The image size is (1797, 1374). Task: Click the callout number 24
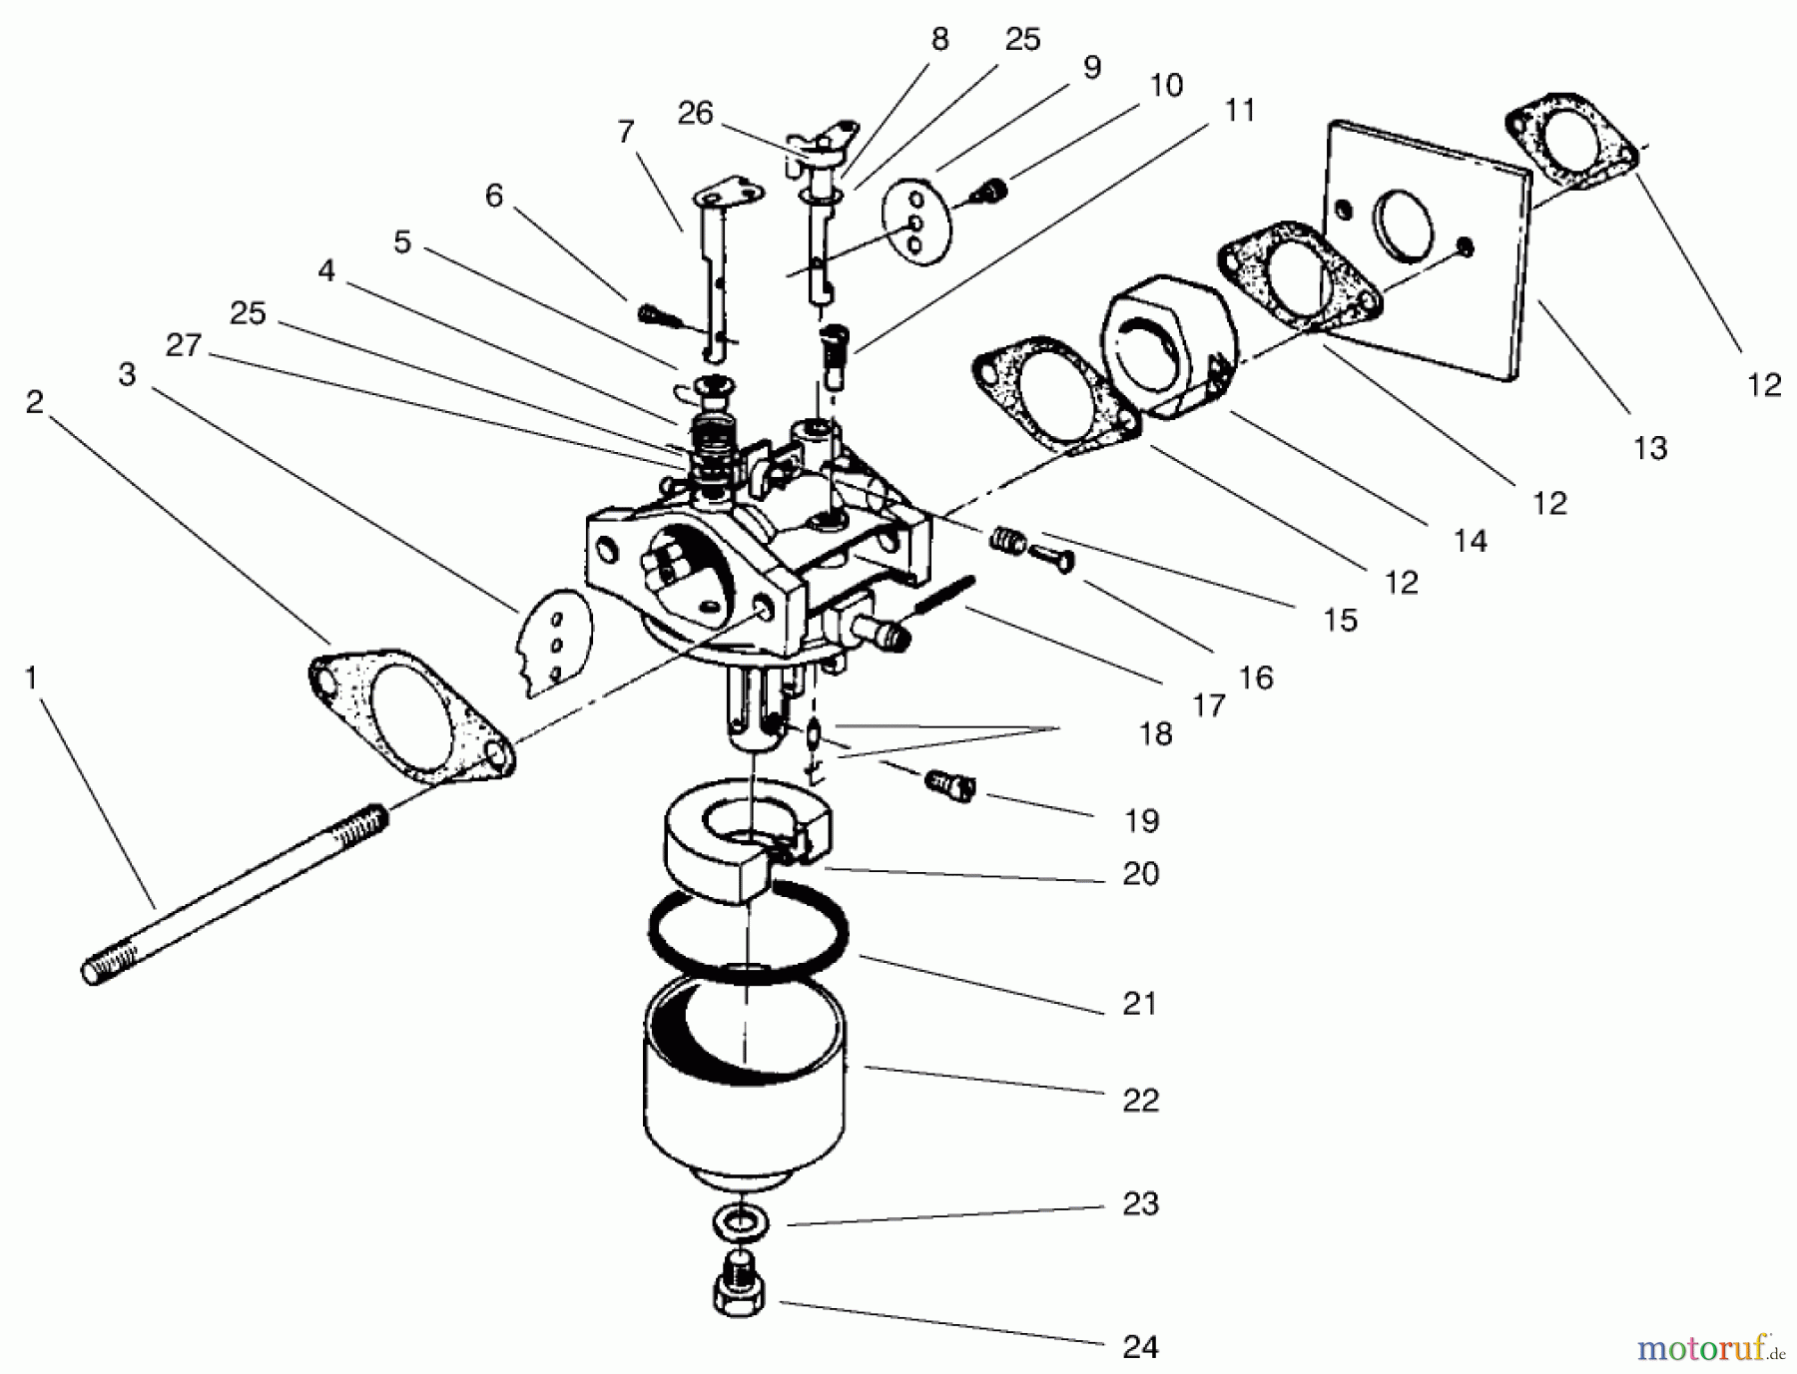1140,1347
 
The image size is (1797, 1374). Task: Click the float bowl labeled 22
744,1088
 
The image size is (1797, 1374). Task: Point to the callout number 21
1139,1003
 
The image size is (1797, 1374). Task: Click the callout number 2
35,402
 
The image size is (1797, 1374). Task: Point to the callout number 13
1650,448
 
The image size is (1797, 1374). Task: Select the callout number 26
695,113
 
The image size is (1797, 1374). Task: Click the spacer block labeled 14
1168,344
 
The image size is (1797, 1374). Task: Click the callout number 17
1208,705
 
